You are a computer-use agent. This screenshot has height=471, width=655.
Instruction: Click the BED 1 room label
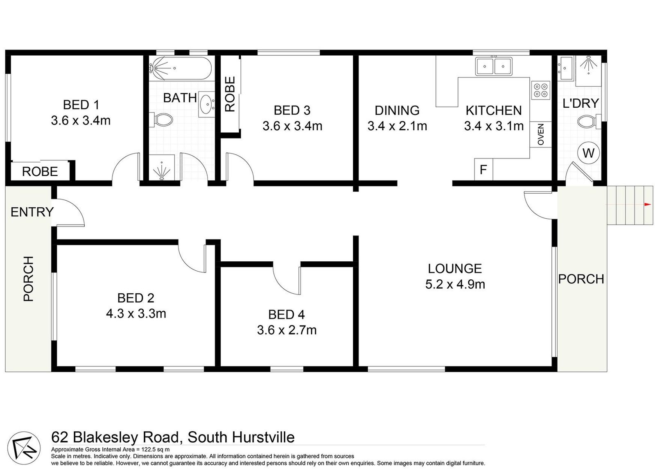coord(81,105)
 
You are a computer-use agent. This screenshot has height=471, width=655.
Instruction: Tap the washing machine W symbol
coord(588,153)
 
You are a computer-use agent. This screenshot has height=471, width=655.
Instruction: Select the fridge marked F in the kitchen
coord(483,170)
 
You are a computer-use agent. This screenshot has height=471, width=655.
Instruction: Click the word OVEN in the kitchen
coord(541,134)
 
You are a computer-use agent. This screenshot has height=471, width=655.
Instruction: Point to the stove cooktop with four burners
coord(540,90)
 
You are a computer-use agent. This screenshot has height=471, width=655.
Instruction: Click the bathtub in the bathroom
coord(180,68)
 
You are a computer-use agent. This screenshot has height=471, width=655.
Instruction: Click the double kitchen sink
coord(493,66)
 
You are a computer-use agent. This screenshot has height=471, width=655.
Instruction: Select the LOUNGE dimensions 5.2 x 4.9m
coord(455,284)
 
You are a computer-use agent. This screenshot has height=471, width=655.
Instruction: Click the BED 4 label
coord(286,315)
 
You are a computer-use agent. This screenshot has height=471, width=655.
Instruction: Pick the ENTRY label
coord(32,212)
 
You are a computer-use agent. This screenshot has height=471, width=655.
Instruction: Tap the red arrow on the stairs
coord(647,204)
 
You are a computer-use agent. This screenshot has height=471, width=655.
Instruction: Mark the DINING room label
coord(397,111)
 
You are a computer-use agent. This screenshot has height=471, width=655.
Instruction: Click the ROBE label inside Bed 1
coord(40,171)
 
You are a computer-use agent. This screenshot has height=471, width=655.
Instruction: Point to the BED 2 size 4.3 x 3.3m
coord(136,314)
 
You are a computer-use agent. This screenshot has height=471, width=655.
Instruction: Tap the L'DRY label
coord(580,103)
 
